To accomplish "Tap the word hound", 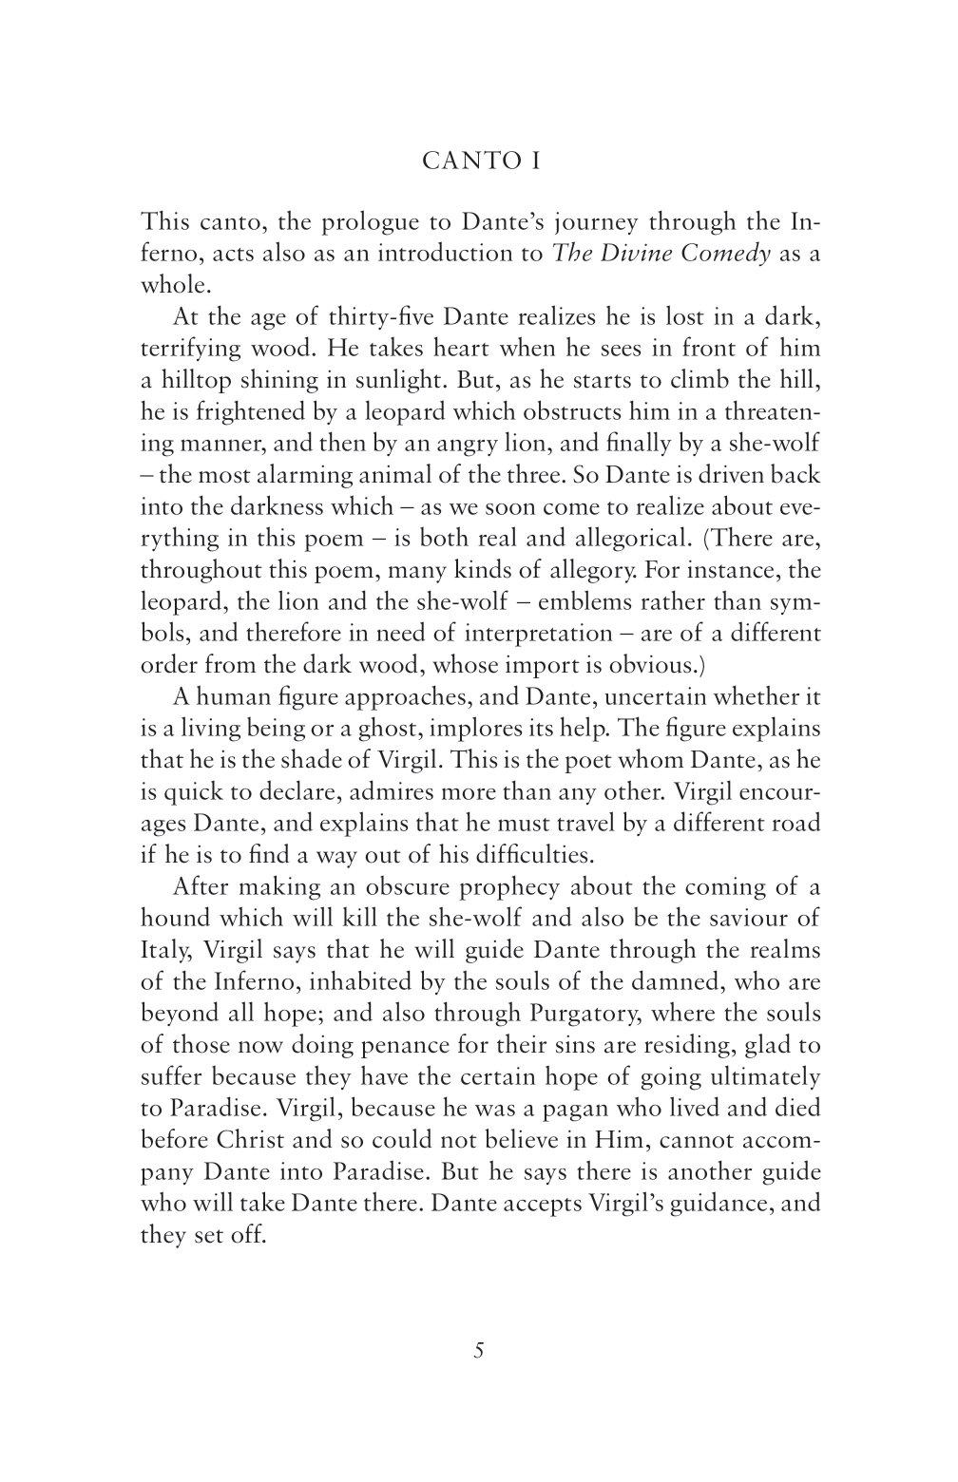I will tap(179, 920).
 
